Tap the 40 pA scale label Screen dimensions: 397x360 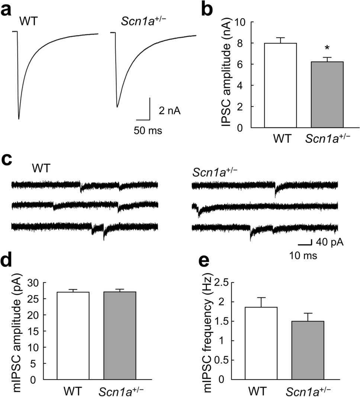coord(329,243)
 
